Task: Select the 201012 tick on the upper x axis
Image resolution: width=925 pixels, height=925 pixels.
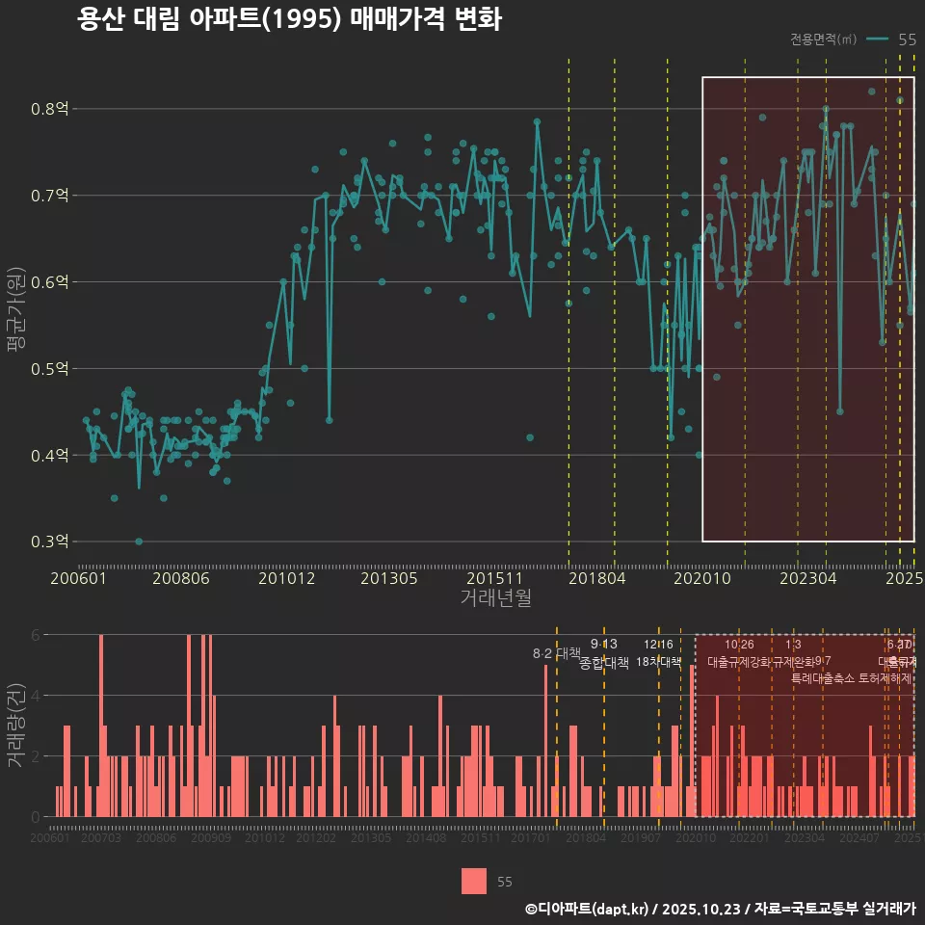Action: (x=287, y=578)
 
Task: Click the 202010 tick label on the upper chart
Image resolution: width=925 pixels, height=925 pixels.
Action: (x=700, y=578)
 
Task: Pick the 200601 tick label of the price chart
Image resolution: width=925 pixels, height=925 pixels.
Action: (x=78, y=578)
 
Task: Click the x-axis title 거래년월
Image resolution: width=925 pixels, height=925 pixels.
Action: (x=495, y=597)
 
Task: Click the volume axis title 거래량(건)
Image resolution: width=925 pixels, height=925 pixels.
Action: (x=16, y=726)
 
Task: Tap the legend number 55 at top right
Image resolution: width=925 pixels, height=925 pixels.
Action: (x=907, y=40)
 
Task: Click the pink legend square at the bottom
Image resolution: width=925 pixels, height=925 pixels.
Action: (x=473, y=881)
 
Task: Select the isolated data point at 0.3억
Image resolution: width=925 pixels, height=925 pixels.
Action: (x=139, y=542)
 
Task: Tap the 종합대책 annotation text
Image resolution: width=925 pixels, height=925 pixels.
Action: (x=604, y=662)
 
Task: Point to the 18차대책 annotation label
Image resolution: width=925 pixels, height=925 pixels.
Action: (x=659, y=662)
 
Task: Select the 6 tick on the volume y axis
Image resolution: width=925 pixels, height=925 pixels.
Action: (x=35, y=635)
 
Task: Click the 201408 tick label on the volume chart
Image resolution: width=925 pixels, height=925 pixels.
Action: (x=426, y=838)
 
